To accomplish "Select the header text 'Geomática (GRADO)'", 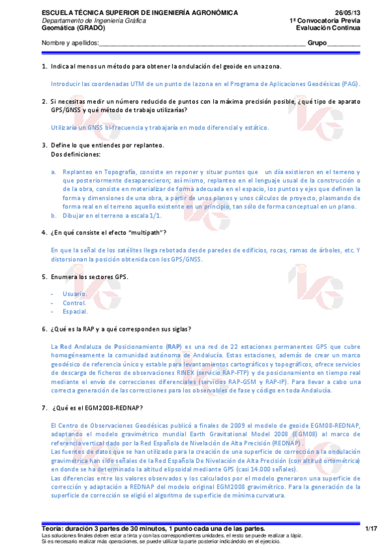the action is tap(67, 28).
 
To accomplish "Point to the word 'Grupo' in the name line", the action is tap(317, 43).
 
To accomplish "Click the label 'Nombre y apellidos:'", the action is tap(70, 43).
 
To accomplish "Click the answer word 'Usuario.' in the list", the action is tap(75, 293).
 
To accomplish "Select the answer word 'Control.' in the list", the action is tap(74, 302).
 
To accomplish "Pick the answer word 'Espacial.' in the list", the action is tap(75, 311).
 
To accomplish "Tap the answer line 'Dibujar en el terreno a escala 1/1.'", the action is tap(112, 215).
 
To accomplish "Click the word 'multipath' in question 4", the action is tap(146, 232).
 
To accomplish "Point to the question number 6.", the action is tap(44, 329).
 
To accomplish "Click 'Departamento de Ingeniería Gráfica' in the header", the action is tap(93, 21).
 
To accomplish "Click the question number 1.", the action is tap(44, 67).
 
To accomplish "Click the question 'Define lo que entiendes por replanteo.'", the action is tap(108, 145).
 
